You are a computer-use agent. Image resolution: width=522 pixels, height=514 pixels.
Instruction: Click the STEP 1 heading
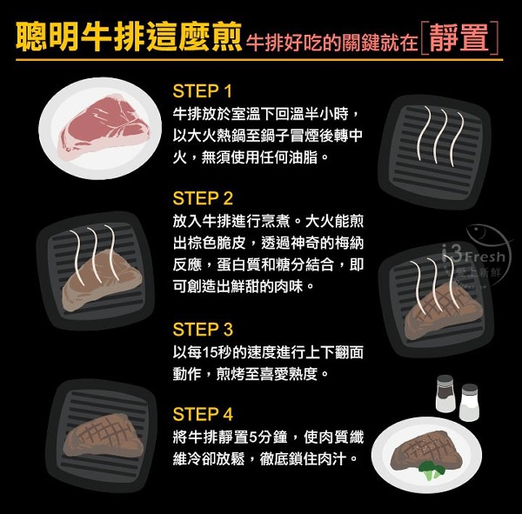click(x=202, y=91)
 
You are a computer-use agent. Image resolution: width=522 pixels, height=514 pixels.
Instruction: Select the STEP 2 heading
click(x=203, y=198)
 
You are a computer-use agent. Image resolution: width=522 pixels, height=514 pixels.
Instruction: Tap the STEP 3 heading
click(x=203, y=330)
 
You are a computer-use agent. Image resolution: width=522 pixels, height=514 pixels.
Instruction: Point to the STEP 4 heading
click(x=203, y=415)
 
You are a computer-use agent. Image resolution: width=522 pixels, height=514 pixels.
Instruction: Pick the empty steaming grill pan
click(x=435, y=151)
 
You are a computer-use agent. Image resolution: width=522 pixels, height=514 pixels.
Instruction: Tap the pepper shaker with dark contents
click(x=445, y=393)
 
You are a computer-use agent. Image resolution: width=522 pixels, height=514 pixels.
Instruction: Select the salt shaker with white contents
click(x=469, y=402)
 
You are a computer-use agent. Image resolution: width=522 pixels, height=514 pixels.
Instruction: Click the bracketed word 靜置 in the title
click(x=459, y=37)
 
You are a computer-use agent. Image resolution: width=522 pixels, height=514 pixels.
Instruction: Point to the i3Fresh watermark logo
click(x=476, y=257)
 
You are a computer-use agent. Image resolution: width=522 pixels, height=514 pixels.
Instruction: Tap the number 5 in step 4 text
click(x=253, y=437)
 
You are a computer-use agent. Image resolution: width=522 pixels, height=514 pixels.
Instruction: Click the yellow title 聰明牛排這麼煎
click(x=129, y=37)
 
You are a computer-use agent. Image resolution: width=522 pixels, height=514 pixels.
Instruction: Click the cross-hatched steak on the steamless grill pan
click(x=104, y=436)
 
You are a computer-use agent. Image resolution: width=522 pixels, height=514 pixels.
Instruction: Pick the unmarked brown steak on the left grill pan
click(x=102, y=281)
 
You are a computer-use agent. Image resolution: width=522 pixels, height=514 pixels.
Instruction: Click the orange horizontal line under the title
click(x=259, y=60)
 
